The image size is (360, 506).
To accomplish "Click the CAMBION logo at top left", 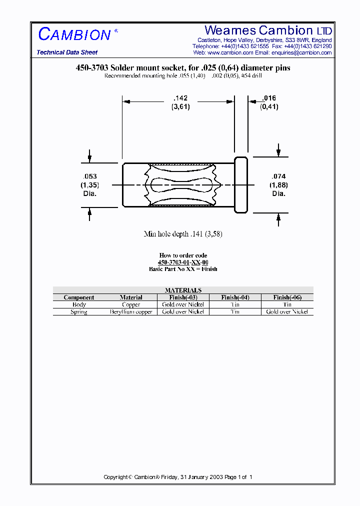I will pos(75,34).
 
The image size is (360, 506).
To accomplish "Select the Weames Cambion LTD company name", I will pos(268,30).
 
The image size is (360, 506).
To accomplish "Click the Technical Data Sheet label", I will pos(67,52).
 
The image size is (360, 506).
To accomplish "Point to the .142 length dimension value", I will pos(180,98).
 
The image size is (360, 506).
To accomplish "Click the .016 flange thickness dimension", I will pos(269,98).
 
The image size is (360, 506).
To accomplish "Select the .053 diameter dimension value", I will pos(89,176).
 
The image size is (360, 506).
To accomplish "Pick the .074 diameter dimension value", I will pos(279,176).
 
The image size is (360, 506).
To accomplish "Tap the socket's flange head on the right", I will pos(241,184).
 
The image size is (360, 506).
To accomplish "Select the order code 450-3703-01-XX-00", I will pos(183,262).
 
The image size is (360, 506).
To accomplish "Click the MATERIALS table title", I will pos(183,290).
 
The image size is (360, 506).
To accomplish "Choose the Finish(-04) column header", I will pos(235,297).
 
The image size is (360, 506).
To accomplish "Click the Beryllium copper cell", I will pos(131,311).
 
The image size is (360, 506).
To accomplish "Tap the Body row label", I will pos(79,304).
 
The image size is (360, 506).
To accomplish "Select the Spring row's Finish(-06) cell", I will pos(287,311).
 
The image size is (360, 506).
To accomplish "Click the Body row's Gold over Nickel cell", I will pos(183,304).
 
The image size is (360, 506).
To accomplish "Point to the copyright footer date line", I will pos(178,477).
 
